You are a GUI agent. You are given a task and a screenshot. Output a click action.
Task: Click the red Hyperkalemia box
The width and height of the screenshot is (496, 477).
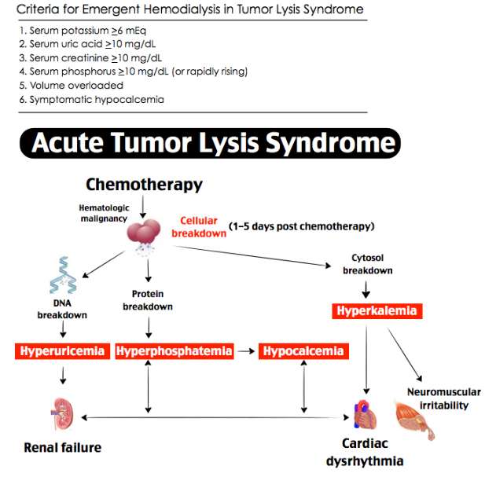377,311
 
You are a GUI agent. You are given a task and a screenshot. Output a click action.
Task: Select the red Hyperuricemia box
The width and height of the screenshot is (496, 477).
62,351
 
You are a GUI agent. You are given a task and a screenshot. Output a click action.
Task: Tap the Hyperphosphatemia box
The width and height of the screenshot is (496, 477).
175,351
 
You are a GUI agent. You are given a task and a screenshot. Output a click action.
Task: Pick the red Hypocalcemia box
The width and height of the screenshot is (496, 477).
303,351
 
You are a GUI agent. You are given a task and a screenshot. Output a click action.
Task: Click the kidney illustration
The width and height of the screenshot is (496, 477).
63,413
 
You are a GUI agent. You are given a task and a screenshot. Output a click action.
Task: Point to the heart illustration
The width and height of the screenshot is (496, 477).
365,414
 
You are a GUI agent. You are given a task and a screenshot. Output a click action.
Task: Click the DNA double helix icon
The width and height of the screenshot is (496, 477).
63,274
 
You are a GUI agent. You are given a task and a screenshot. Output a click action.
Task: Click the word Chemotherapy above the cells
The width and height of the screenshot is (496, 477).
145,185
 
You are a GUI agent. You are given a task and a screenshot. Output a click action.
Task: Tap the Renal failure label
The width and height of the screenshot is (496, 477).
63,448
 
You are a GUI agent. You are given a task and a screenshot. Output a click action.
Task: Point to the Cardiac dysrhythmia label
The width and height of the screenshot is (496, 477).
365,453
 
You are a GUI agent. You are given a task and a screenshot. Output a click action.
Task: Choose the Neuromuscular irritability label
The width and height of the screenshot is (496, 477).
444,398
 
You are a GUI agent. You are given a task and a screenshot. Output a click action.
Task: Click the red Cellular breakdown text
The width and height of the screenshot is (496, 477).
199,227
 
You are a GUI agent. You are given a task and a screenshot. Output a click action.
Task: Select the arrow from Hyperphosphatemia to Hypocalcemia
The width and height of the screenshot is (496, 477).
246,351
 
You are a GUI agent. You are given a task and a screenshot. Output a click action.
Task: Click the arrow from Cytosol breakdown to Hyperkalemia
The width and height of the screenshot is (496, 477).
366,289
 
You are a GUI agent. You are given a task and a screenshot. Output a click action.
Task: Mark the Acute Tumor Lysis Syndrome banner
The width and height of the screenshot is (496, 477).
210,143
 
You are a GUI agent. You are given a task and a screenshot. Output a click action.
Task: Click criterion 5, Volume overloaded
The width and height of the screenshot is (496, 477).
72,86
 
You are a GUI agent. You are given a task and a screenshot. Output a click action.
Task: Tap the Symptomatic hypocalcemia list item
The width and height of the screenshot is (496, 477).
92,100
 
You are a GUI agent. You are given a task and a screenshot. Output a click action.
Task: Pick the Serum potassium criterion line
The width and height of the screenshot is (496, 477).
83,31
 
